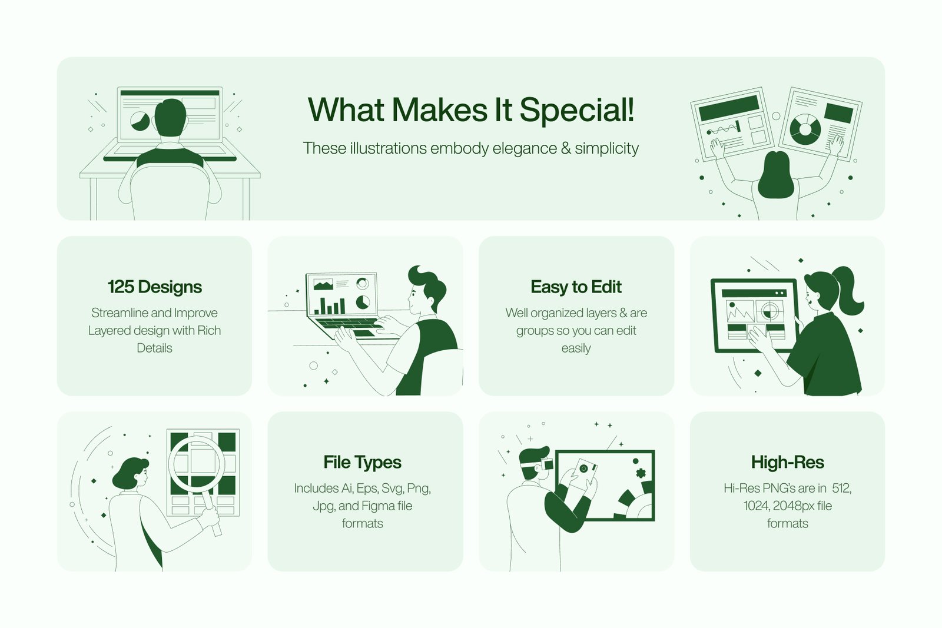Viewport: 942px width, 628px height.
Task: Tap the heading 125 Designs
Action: (x=154, y=287)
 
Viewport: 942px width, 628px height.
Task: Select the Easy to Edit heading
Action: (x=576, y=287)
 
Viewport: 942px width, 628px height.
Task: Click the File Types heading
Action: (x=362, y=463)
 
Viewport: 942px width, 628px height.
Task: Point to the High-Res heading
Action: (x=787, y=463)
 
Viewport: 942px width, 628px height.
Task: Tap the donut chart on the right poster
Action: (x=805, y=129)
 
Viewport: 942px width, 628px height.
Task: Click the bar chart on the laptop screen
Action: (x=330, y=306)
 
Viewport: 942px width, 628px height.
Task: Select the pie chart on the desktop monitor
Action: (x=140, y=121)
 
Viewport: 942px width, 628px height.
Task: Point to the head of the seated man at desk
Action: (x=170, y=117)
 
